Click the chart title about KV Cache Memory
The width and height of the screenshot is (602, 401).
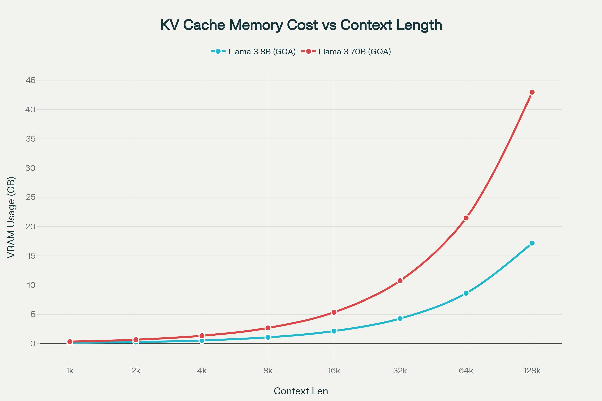pos(301,25)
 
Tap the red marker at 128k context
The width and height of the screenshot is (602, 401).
pos(532,92)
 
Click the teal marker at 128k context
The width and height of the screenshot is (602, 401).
pos(532,243)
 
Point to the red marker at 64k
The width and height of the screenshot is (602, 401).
pos(466,218)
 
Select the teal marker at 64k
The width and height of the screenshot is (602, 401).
pos(466,293)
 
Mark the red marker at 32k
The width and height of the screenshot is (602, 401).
pos(400,281)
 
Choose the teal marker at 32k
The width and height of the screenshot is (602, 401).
pos(400,318)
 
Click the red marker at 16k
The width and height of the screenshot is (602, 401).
pos(334,312)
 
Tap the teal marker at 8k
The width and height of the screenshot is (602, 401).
pos(268,337)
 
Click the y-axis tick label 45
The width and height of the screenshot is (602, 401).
pos(30,80)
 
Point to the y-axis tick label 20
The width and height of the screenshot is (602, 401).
pos(30,227)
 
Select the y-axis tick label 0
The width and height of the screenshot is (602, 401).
pos(33,343)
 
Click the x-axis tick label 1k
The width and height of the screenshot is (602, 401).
pos(70,371)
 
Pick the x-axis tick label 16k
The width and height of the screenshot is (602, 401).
pos(334,371)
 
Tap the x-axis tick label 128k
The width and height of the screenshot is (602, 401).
pos(532,371)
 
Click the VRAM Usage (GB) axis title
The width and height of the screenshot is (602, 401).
pos(11,217)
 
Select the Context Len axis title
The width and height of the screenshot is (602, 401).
pos(301,391)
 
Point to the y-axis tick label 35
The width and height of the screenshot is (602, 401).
pos(30,139)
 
